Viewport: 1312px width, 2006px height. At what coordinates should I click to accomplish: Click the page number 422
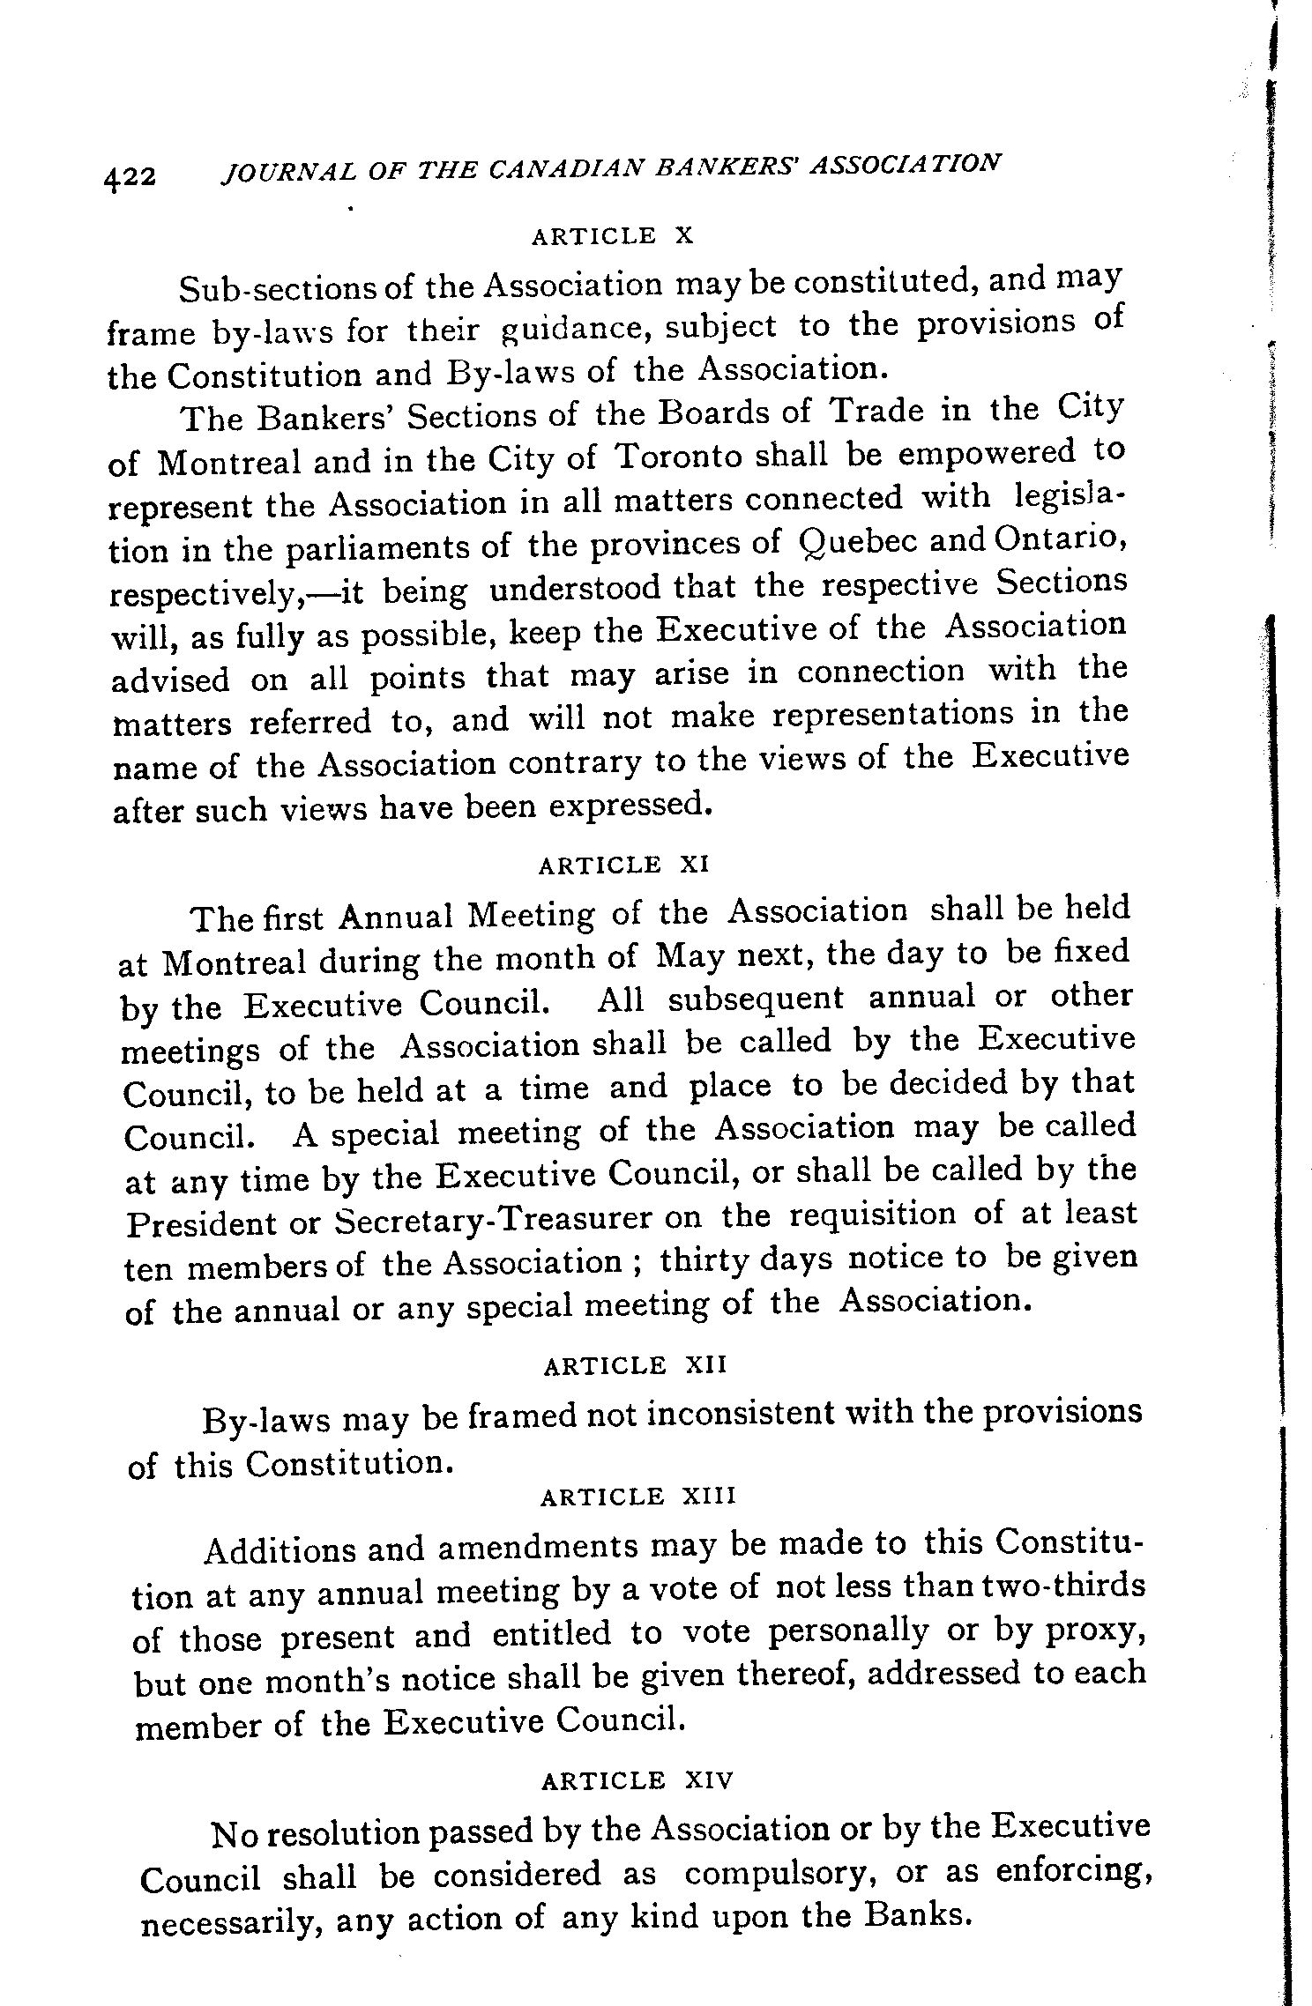(130, 176)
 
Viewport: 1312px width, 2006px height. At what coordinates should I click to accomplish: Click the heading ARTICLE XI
(623, 865)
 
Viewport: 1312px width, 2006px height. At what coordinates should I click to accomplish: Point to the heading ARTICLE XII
(635, 1366)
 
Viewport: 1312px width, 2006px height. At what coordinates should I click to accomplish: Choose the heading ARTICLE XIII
(637, 1497)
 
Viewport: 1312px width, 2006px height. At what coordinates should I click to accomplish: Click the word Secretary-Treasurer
(494, 1220)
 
